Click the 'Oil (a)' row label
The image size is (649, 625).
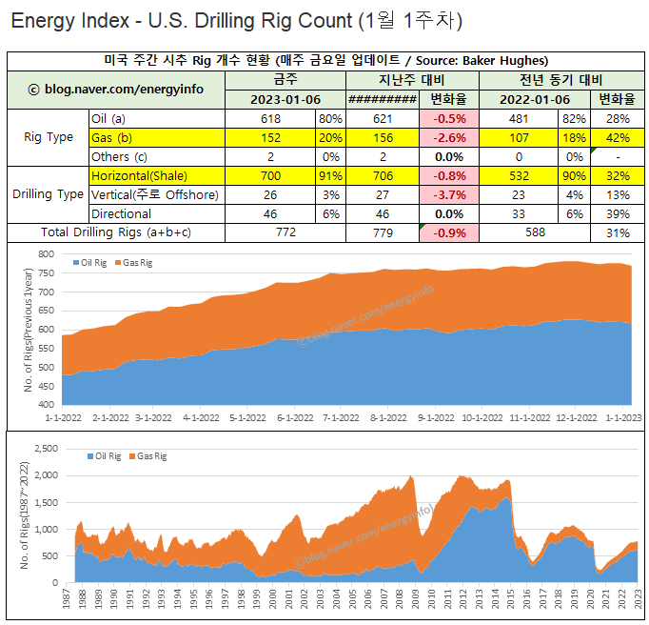(x=108, y=119)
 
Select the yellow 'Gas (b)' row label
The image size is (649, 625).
(x=111, y=138)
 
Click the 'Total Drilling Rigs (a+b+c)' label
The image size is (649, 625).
(x=116, y=232)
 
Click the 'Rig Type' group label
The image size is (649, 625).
(x=48, y=137)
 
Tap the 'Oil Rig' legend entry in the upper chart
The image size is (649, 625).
(x=91, y=262)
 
